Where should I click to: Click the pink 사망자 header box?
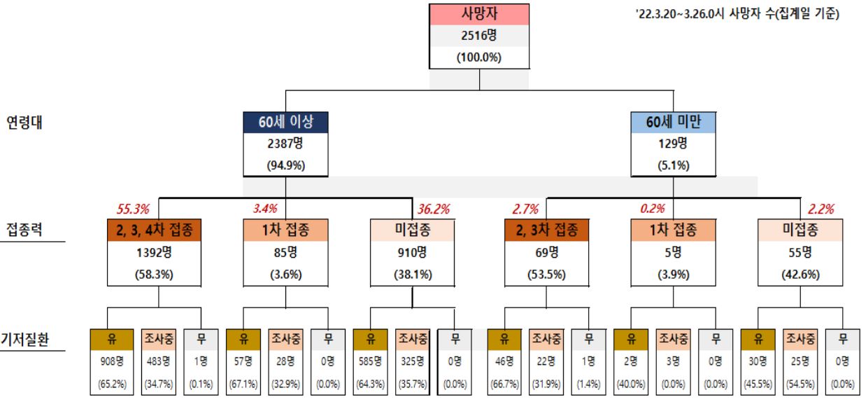(479, 15)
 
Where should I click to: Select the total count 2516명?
(479, 36)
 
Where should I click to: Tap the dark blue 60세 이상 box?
(285, 122)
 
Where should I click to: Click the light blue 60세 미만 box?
(674, 122)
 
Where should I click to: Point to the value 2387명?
(285, 144)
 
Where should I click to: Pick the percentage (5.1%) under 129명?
(674, 166)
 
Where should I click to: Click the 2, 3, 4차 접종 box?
(155, 230)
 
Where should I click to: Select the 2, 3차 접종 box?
(547, 230)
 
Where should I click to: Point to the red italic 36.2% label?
(434, 208)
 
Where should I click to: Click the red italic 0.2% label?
(653, 208)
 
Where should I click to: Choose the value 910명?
(413, 251)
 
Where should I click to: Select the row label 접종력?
(25, 229)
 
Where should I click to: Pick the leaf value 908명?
(111, 361)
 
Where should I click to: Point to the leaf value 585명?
(371, 361)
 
